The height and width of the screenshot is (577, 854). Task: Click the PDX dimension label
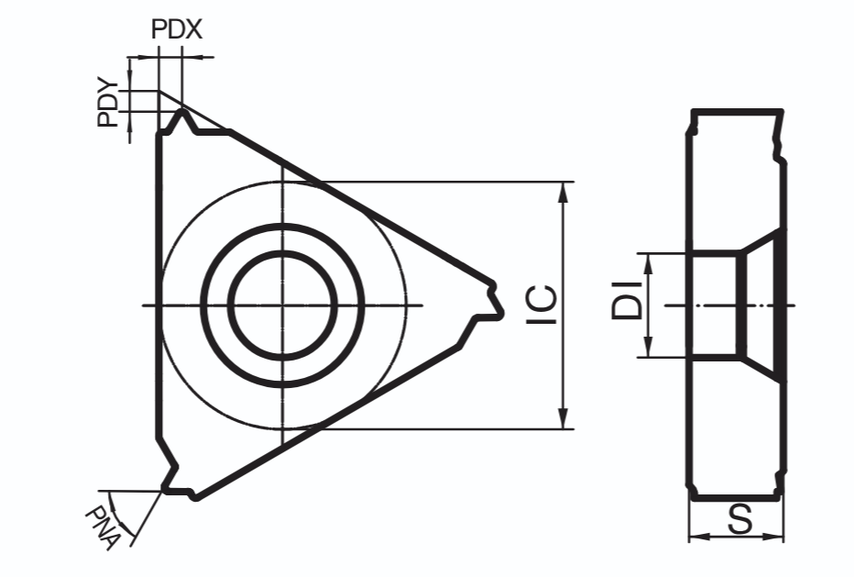(x=177, y=29)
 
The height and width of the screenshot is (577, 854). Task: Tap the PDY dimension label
(x=108, y=104)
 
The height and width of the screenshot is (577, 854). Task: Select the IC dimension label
(x=542, y=305)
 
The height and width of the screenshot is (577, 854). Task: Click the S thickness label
(x=739, y=519)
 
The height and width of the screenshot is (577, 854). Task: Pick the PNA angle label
(x=103, y=527)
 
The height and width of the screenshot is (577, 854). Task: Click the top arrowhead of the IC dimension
(x=564, y=192)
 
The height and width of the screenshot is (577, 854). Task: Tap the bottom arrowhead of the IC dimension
(x=564, y=418)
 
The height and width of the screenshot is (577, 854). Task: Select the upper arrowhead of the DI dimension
(x=648, y=264)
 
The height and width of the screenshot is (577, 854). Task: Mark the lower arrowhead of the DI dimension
(x=648, y=348)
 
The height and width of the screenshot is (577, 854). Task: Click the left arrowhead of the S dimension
(x=699, y=537)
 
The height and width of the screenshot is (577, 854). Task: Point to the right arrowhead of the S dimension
(x=773, y=537)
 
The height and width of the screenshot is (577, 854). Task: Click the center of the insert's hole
(x=282, y=305)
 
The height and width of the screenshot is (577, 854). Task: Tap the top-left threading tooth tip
(x=182, y=111)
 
